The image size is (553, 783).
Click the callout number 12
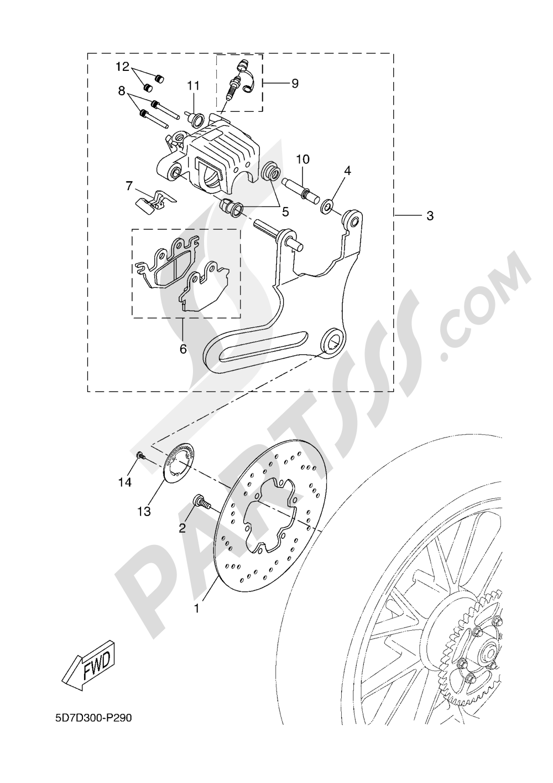coord(122,67)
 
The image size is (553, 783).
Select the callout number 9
coord(295,83)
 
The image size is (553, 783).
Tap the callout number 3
coord(430,215)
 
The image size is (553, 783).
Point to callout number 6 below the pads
coord(183,349)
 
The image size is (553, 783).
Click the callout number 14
coord(125,482)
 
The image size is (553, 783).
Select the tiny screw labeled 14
coord(140,455)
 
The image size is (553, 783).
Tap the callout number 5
coord(286,211)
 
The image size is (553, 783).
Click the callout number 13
coord(144,512)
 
